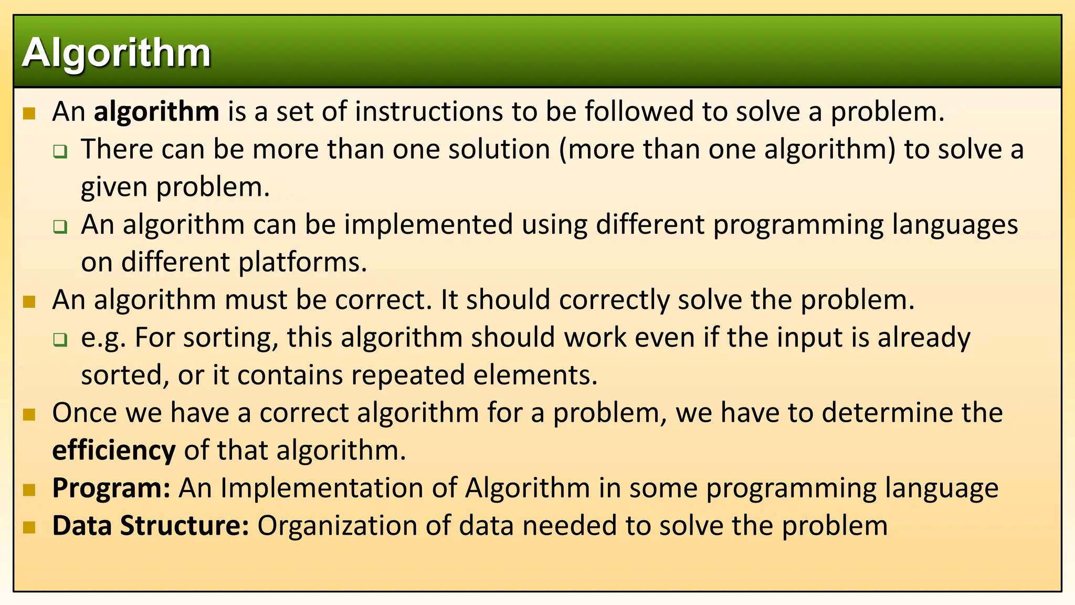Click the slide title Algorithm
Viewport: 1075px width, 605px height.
click(x=117, y=53)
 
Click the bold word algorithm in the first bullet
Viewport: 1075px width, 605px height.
click(x=156, y=112)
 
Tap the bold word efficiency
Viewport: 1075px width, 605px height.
click(x=114, y=451)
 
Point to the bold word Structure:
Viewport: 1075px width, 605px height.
click(x=184, y=526)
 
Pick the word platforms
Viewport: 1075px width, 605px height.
click(x=302, y=262)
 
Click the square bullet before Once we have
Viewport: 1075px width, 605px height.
click(x=29, y=414)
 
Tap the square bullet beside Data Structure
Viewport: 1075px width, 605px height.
click(x=29, y=527)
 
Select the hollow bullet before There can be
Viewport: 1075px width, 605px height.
click(x=60, y=152)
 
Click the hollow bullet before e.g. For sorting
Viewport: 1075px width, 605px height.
click(x=60, y=339)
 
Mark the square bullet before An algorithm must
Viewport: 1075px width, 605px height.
click(x=29, y=301)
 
